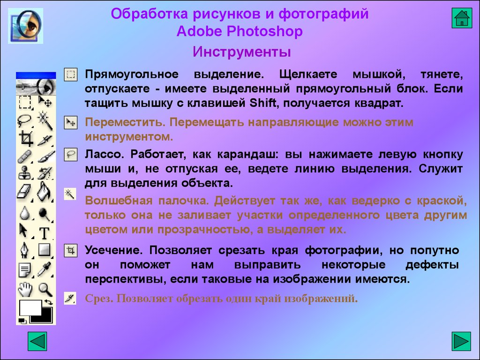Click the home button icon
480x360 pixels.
pyautogui.click(x=462, y=18)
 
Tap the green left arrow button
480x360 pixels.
pyautogui.click(x=37, y=341)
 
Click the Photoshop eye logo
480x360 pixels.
pyautogui.click(x=25, y=26)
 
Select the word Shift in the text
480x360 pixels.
pyautogui.click(x=263, y=103)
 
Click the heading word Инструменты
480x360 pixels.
pyautogui.click(x=241, y=52)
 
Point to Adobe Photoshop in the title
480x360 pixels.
pyautogui.click(x=240, y=31)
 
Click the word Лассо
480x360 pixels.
pyautogui.click(x=104, y=154)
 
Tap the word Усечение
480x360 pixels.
pyautogui.click(x=113, y=250)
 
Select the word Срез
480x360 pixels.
pyautogui.click(x=99, y=298)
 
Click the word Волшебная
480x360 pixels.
pyautogui.click(x=119, y=201)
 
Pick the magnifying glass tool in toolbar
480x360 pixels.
pyautogui.click(x=45, y=289)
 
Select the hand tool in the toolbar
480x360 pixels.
pyautogui.click(x=25, y=289)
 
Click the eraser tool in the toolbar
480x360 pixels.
pyautogui.click(x=24, y=192)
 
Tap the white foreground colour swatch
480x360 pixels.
pyautogui.click(x=30, y=307)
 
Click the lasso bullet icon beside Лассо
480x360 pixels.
pyautogui.click(x=70, y=154)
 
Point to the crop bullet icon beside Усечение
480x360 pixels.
pyautogui.click(x=70, y=251)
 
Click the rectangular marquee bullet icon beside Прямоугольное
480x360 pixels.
pyautogui.click(x=70, y=75)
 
